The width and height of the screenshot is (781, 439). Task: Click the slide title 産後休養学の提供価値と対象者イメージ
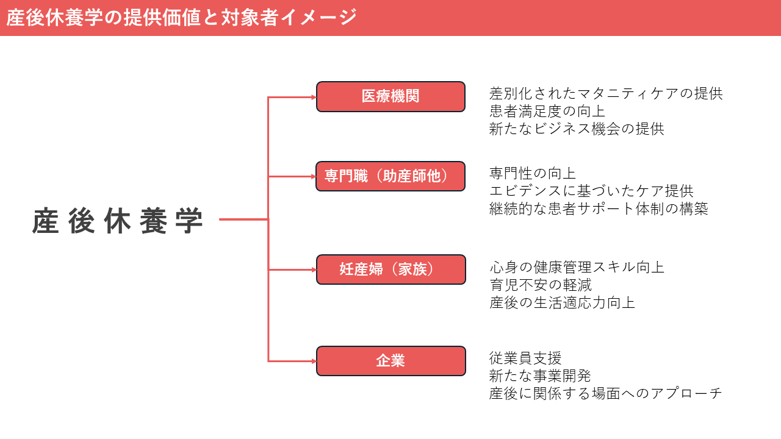tap(181, 18)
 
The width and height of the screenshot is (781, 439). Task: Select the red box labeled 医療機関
tap(390, 96)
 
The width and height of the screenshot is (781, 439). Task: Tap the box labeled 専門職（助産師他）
tap(390, 176)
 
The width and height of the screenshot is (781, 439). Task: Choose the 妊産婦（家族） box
tap(390, 269)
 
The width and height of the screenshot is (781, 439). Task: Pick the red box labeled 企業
tap(390, 361)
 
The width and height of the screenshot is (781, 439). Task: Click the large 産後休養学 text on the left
tap(118, 221)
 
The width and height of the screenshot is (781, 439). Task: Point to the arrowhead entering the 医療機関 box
tap(313, 96)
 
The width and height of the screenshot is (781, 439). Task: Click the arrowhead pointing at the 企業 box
tap(313, 361)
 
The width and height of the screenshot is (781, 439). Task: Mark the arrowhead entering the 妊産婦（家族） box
tap(313, 269)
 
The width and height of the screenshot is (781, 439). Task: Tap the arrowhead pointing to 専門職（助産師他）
tap(313, 176)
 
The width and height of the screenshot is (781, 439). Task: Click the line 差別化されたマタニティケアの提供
tap(606, 94)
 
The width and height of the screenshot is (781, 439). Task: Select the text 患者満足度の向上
tap(547, 112)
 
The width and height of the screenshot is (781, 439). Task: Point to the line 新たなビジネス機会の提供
tap(577, 129)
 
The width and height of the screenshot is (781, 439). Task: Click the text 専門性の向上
tap(533, 174)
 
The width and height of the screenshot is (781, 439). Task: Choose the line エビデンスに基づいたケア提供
tap(591, 191)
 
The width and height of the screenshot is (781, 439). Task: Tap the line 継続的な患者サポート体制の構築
tap(599, 209)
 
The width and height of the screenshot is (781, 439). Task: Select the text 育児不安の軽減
tap(540, 285)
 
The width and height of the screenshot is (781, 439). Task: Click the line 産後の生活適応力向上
tap(562, 302)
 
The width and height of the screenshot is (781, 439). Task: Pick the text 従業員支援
tap(525, 358)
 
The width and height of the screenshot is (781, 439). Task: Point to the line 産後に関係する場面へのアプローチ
tap(606, 393)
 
